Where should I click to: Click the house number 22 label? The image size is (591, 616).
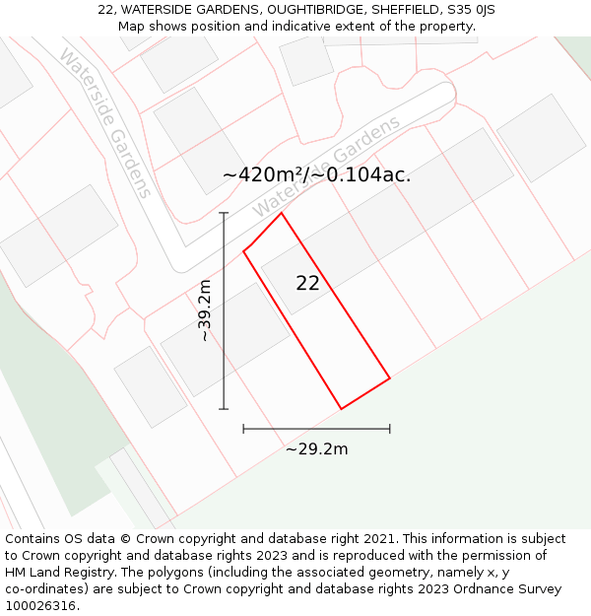(x=307, y=283)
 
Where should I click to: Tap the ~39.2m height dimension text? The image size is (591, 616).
(x=204, y=310)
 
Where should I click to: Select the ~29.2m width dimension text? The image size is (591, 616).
(x=316, y=449)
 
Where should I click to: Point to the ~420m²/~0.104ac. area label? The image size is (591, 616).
(x=316, y=175)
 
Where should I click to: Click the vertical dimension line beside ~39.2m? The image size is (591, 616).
(x=224, y=310)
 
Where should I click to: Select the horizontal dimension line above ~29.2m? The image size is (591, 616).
(x=316, y=429)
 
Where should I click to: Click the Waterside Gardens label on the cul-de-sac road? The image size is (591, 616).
(x=327, y=168)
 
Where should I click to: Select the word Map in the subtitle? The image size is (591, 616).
(x=131, y=27)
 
